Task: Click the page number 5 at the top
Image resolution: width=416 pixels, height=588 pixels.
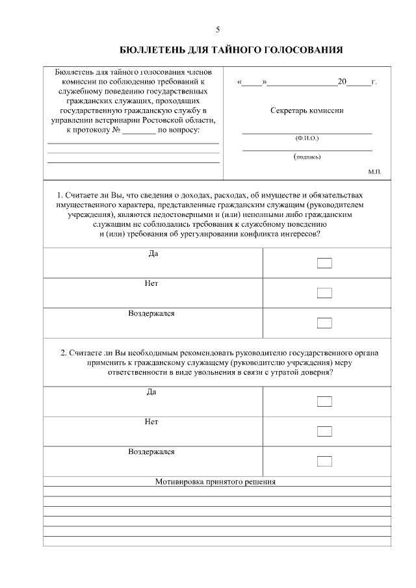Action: coord(218,30)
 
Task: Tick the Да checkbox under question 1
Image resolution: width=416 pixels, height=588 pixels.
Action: coord(324,263)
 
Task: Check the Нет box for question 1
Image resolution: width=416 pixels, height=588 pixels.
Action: coord(324,293)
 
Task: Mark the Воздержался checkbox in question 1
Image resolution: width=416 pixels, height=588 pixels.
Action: coord(324,323)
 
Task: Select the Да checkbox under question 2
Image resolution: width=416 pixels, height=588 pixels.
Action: coord(324,402)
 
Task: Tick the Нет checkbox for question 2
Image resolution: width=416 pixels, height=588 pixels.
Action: coord(324,431)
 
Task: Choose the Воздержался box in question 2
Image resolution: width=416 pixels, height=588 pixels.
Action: coord(324,461)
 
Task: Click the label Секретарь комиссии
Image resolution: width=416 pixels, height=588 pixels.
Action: coord(307,110)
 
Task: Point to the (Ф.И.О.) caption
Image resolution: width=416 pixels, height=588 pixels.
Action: coord(307,138)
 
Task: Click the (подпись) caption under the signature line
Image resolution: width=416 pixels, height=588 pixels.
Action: coord(307,157)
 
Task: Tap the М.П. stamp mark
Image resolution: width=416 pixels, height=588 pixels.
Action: coord(374,172)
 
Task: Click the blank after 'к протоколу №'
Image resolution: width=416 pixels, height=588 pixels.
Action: coord(139,131)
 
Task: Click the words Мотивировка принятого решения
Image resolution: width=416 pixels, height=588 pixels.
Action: coord(216,482)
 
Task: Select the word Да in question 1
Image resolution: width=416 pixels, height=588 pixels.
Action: coord(152,253)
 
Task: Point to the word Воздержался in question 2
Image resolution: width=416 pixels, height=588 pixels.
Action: coord(151,452)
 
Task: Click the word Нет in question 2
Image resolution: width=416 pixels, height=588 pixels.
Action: coord(151,422)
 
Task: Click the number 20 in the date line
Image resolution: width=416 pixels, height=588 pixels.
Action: coord(343,83)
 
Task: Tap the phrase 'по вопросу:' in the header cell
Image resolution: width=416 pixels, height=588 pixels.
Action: coord(179,130)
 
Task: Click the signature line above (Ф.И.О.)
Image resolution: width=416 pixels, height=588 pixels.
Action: coord(307,133)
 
